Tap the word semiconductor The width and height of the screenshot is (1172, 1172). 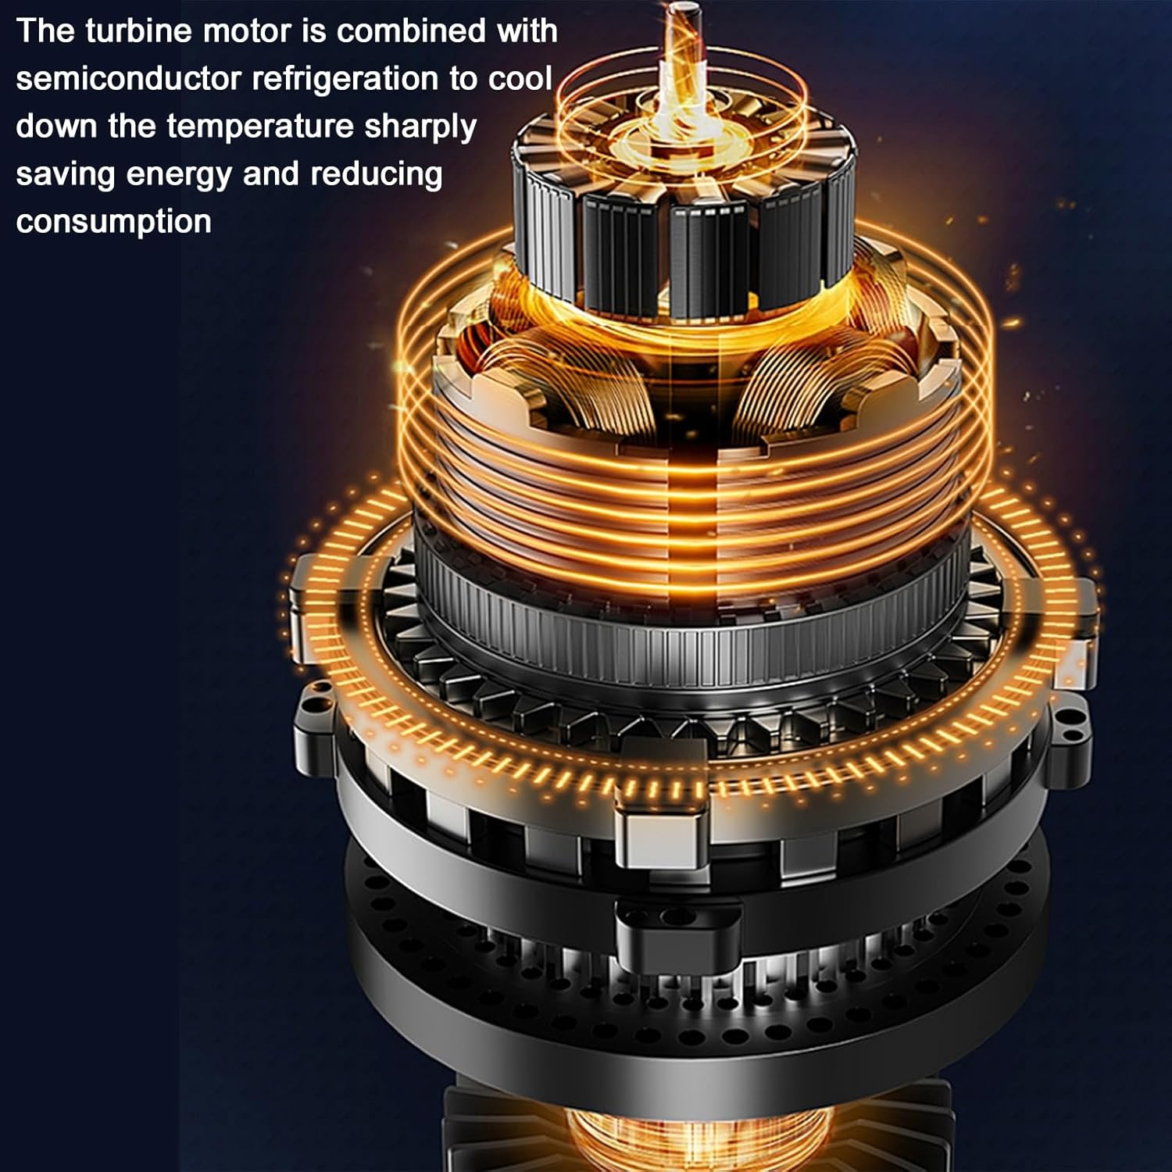128,79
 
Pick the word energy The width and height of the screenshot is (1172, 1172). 179,175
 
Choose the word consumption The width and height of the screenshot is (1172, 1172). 113,222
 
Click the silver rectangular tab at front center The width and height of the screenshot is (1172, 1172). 662,832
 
